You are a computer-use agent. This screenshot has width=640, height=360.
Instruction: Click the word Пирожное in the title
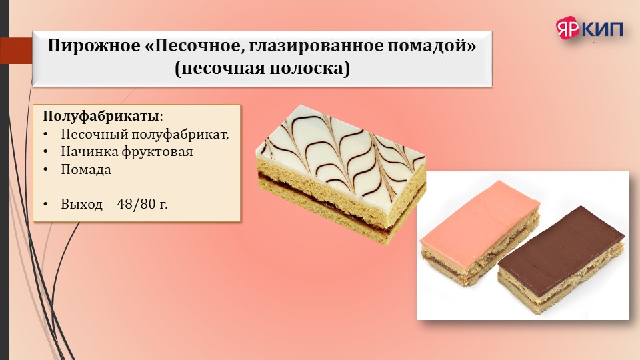pyautogui.click(x=94, y=46)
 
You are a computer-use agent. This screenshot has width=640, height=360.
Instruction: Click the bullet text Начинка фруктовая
pyautogui.click(x=127, y=152)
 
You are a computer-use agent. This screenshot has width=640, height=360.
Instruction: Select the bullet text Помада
pyautogui.click(x=86, y=169)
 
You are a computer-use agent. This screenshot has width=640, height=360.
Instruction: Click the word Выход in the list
pyautogui.click(x=81, y=204)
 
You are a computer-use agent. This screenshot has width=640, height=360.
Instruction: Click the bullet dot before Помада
pyautogui.click(x=45, y=170)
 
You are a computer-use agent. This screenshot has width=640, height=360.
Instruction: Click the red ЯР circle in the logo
pyautogui.click(x=568, y=27)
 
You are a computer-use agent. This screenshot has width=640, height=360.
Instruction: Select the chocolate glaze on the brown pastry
pyautogui.click(x=561, y=243)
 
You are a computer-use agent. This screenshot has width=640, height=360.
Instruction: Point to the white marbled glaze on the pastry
pyautogui.click(x=341, y=155)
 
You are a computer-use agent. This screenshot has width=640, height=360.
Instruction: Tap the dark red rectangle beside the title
pyautogui.click(x=16, y=51)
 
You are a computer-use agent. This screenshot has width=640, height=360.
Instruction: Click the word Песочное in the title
pyautogui.click(x=194, y=46)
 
